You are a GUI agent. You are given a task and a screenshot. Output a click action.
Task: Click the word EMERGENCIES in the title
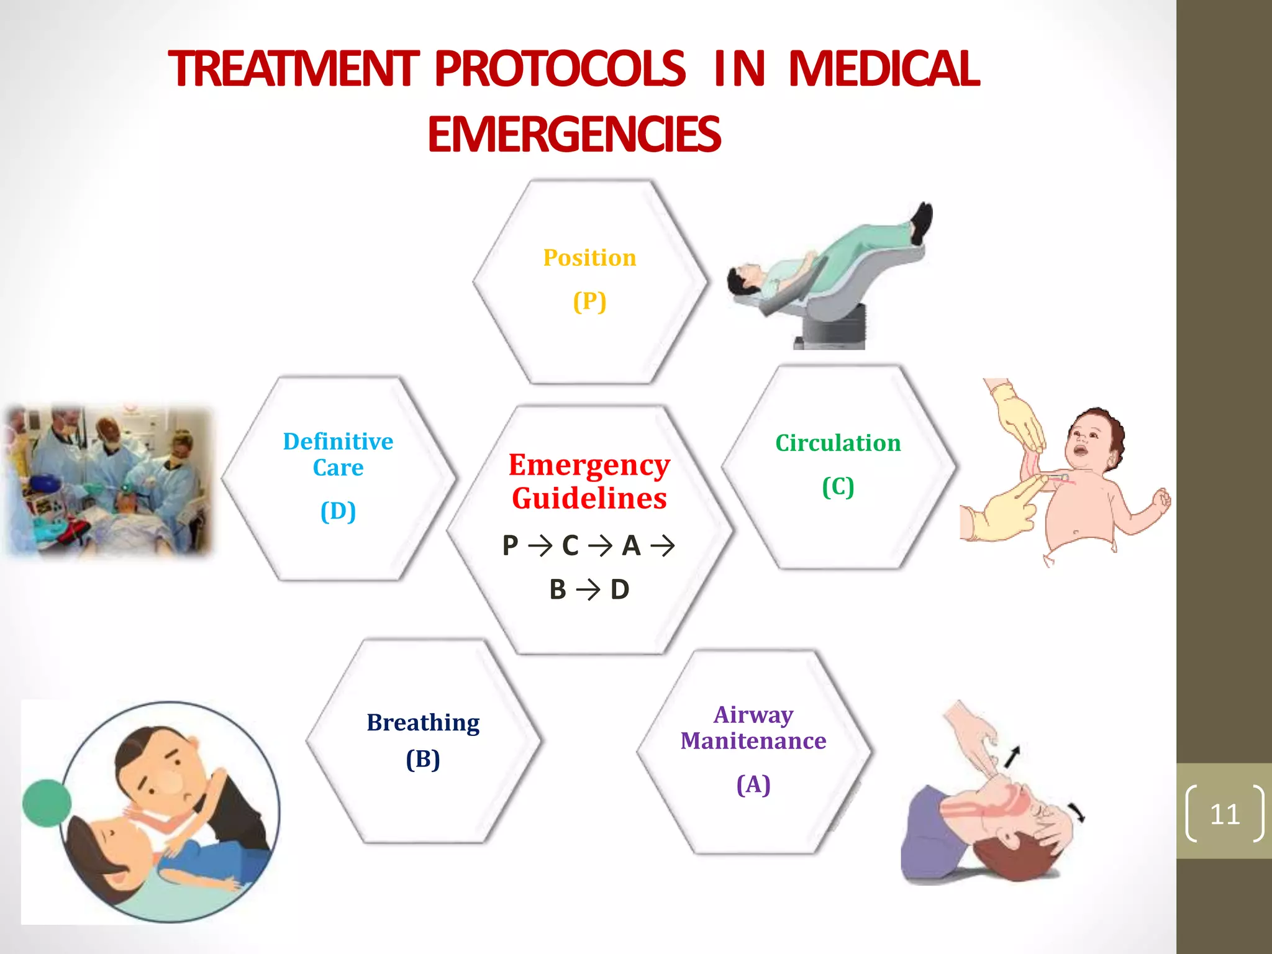(x=574, y=135)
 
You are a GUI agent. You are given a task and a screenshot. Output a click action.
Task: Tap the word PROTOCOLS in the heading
(x=560, y=68)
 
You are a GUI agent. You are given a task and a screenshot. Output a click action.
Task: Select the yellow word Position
(x=589, y=258)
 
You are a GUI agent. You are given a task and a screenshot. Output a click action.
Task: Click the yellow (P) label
(x=589, y=302)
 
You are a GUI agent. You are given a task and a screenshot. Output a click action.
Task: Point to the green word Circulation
(x=838, y=443)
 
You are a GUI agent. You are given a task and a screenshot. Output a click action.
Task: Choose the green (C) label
(x=838, y=487)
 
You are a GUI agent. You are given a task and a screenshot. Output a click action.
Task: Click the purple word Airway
(x=753, y=715)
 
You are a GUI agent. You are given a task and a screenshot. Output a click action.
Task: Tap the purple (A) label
(x=753, y=784)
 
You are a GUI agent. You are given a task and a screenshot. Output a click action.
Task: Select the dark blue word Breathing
(x=423, y=723)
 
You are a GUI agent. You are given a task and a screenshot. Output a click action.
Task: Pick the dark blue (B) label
(x=423, y=759)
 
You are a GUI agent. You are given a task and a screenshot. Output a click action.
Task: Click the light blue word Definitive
(x=338, y=442)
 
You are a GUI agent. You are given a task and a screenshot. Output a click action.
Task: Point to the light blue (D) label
(x=338, y=511)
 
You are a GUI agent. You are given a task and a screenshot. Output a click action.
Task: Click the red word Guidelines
(x=589, y=498)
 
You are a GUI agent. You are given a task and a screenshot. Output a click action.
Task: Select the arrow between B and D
(x=588, y=589)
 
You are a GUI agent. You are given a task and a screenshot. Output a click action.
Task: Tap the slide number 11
(x=1224, y=814)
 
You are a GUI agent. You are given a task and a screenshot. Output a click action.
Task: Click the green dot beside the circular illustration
(x=46, y=804)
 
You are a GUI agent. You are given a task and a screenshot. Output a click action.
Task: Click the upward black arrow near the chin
(x=1012, y=756)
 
